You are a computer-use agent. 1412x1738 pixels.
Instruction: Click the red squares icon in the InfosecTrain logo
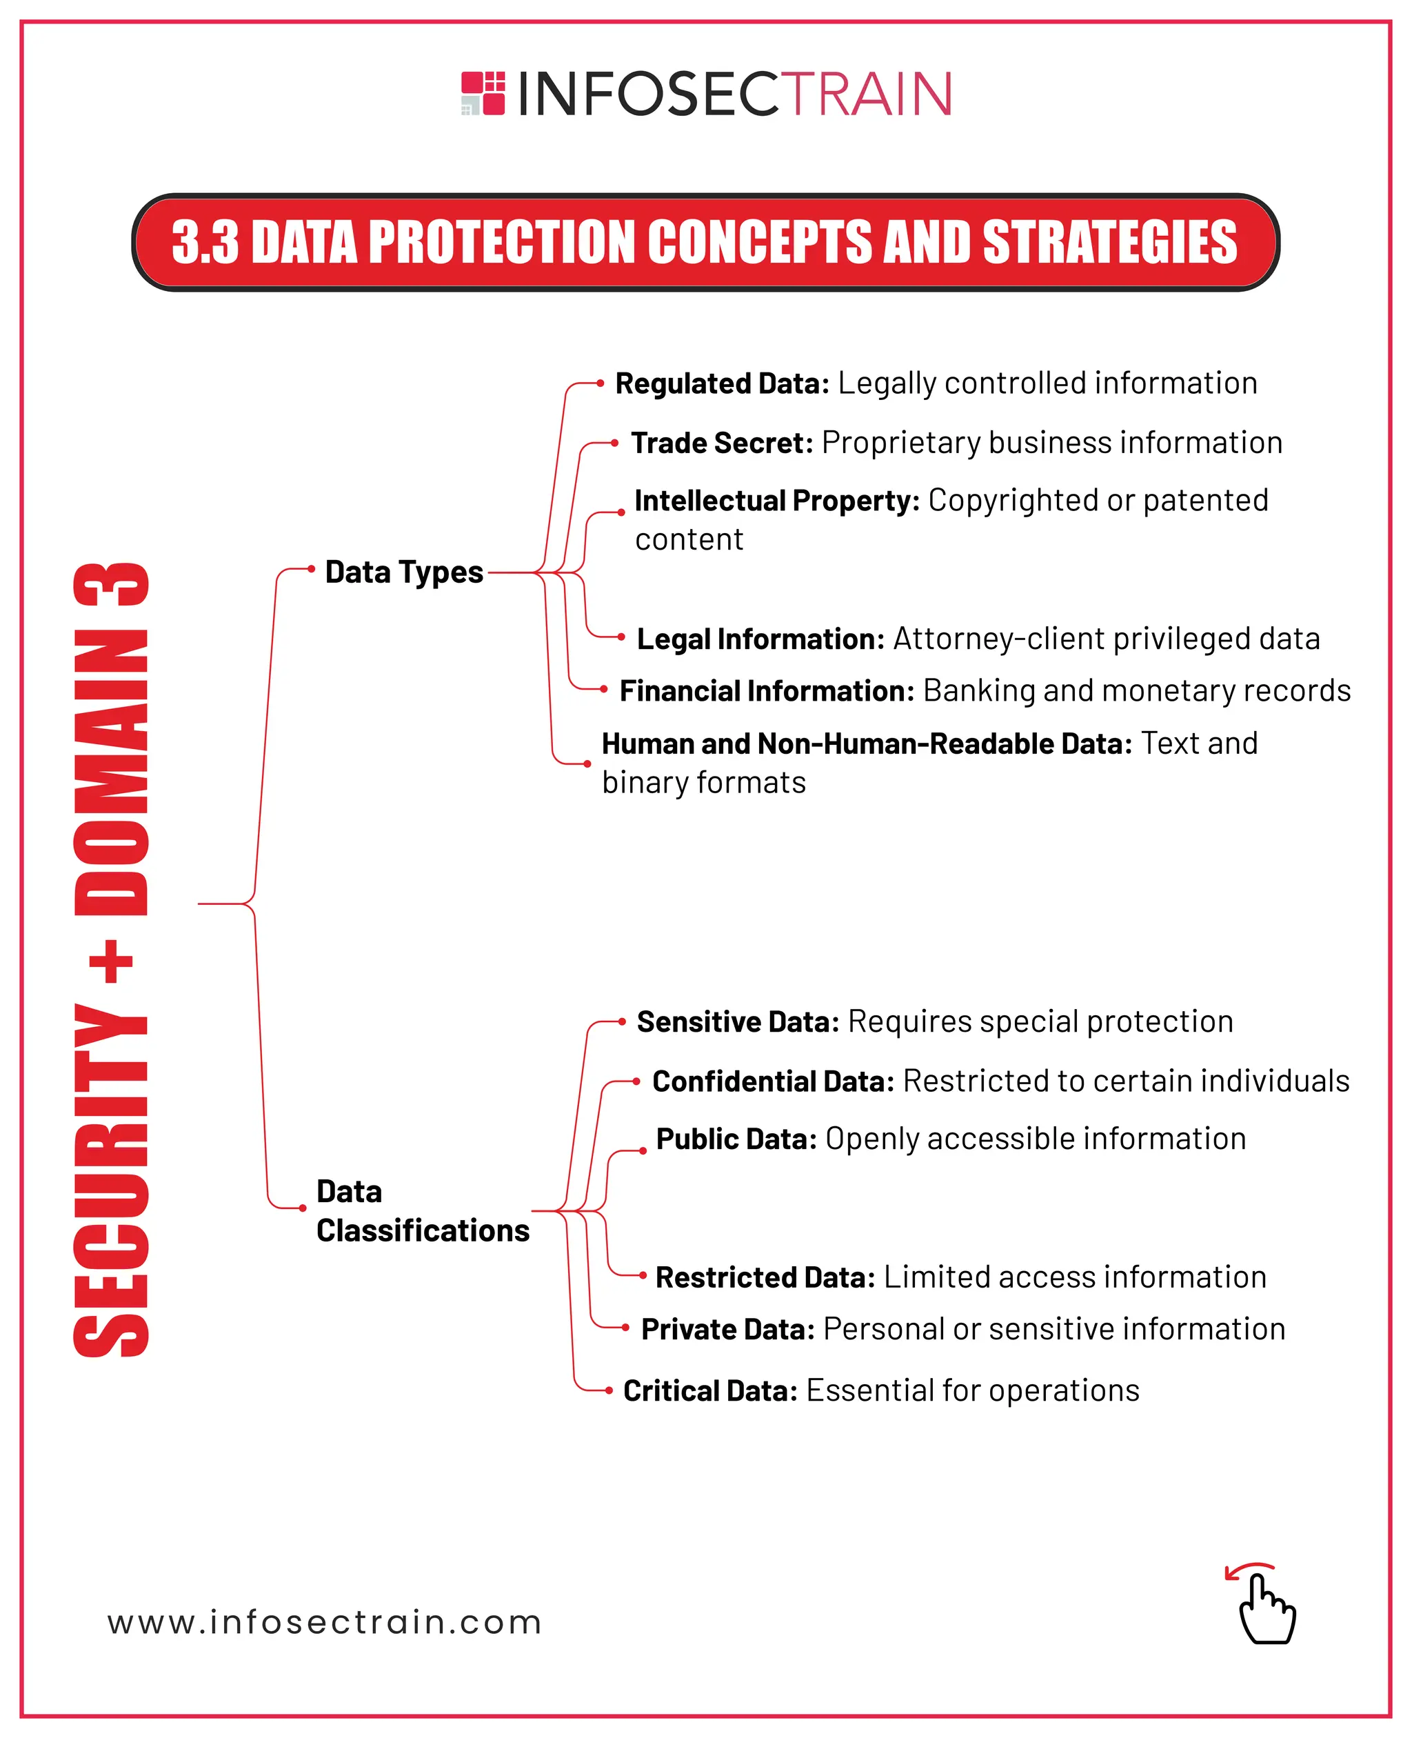click(483, 92)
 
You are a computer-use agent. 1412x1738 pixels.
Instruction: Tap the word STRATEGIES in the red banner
click(1109, 243)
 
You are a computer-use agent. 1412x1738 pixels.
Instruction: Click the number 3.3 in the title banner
click(205, 243)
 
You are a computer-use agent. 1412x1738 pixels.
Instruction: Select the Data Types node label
click(404, 572)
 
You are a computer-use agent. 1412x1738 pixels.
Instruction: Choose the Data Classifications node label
click(422, 1211)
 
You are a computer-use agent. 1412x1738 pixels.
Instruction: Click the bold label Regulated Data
click(721, 383)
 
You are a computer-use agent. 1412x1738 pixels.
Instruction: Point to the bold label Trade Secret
click(721, 443)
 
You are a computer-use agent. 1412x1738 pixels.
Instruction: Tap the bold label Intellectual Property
click(777, 501)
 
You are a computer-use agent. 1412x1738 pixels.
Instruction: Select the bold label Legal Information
click(760, 639)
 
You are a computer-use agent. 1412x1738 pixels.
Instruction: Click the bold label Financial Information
click(767, 691)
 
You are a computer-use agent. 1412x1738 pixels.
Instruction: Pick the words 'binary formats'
click(703, 783)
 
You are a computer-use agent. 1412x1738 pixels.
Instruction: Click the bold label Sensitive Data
click(738, 1022)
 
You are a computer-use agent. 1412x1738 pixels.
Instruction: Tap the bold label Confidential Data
click(773, 1081)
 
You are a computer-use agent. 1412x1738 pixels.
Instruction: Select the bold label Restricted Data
click(765, 1277)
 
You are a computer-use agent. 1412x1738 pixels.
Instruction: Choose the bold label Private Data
click(728, 1330)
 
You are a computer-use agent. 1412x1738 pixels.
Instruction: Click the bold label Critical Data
click(710, 1391)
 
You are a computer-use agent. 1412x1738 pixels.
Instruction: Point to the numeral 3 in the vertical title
click(112, 584)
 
